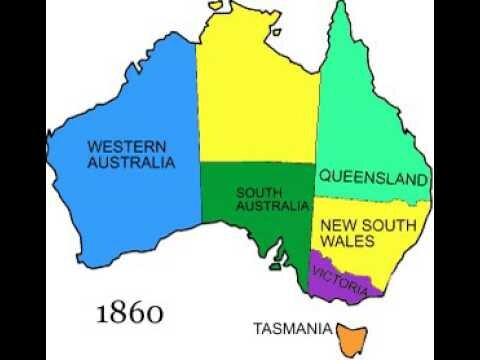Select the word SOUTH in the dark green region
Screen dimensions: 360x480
[258, 192]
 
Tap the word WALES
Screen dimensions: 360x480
[347, 241]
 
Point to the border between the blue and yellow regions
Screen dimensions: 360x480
[198, 120]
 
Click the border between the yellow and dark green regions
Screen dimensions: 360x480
[257, 163]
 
